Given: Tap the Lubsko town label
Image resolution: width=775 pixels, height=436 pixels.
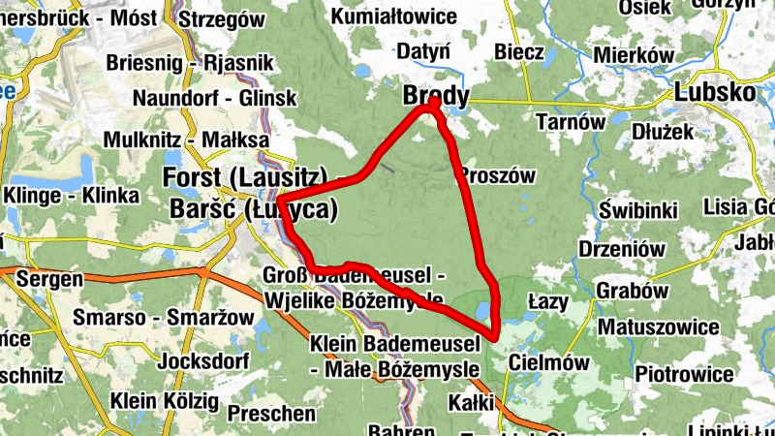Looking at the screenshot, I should (714, 93).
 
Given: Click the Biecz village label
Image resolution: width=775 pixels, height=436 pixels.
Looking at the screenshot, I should (518, 52).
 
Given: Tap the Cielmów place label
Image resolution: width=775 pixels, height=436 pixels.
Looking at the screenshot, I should (547, 362).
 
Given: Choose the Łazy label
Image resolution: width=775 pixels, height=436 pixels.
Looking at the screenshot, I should (548, 301).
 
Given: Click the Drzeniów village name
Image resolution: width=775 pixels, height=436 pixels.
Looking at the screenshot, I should (621, 249).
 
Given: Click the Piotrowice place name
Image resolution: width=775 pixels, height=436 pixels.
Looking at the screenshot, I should (684, 373).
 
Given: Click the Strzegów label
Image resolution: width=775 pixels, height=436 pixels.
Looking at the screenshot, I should (222, 18).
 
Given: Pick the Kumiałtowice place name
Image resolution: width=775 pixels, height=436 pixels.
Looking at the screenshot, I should (394, 16).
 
